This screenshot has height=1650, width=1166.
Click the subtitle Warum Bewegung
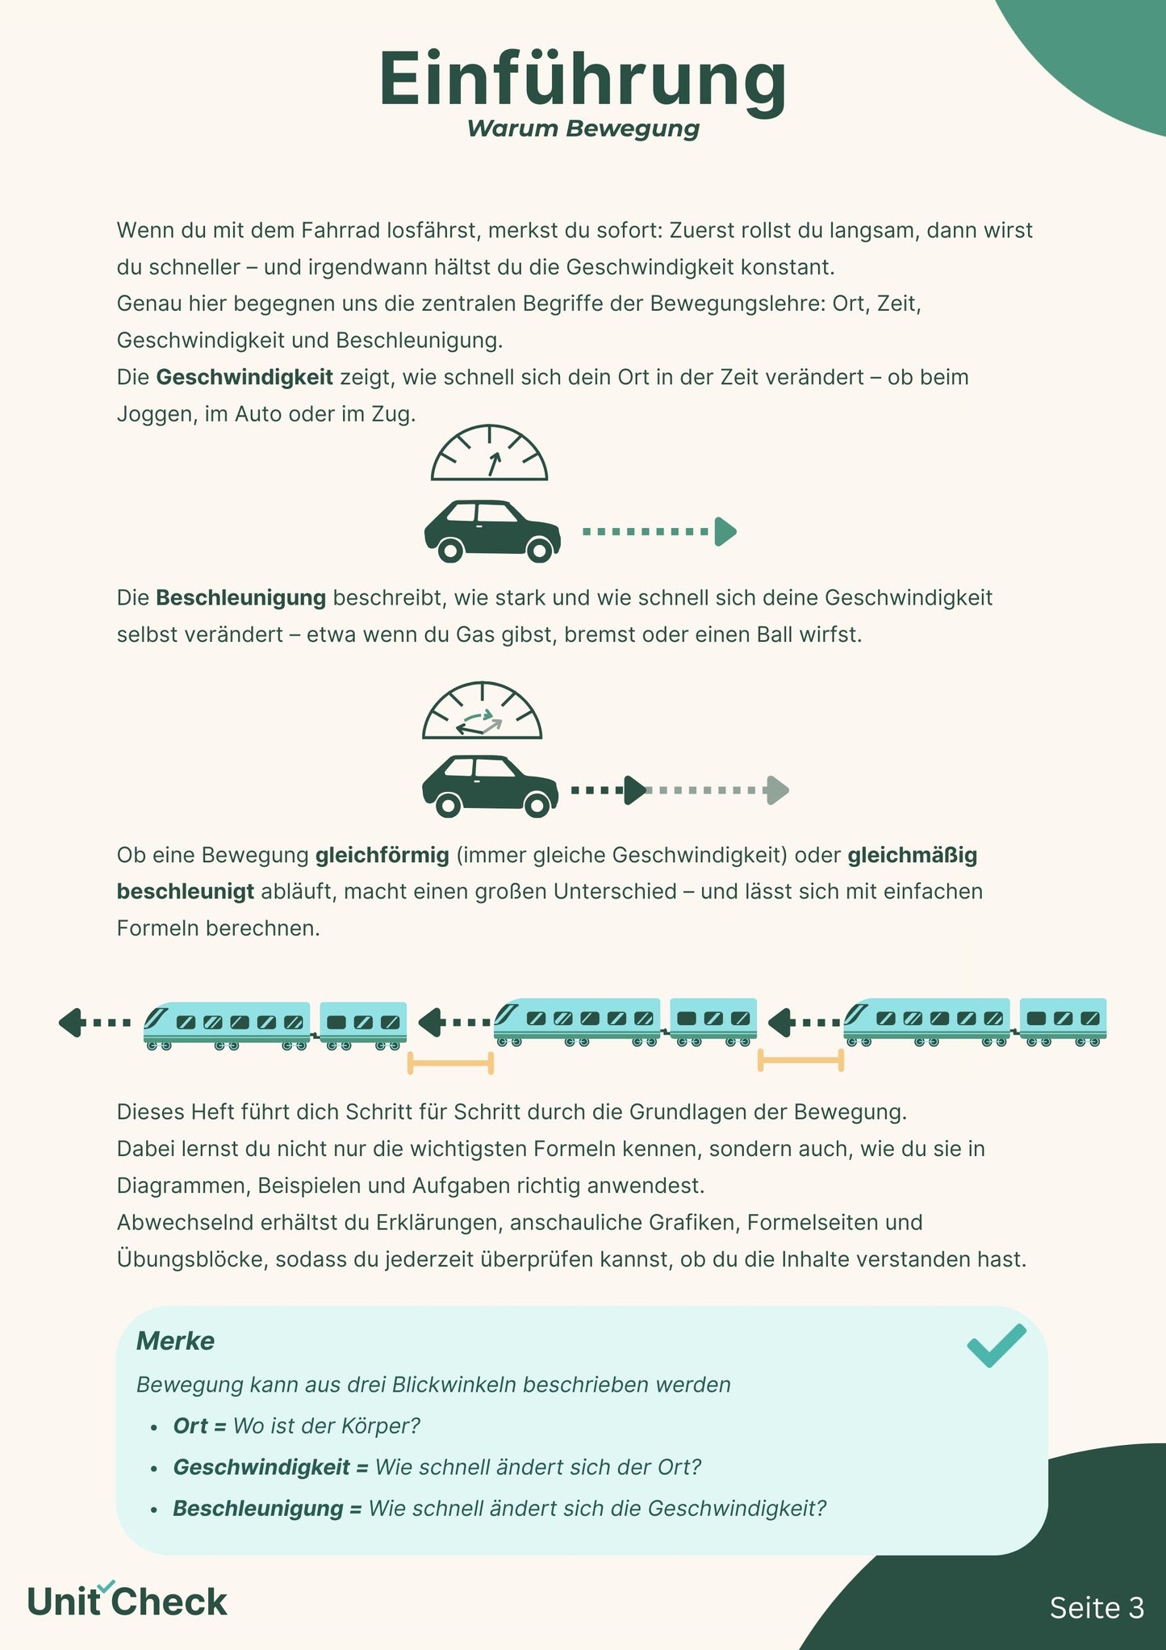(583, 129)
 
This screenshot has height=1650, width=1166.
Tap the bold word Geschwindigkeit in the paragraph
(244, 377)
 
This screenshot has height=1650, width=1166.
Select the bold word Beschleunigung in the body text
(240, 598)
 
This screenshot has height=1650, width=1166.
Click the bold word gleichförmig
(382, 855)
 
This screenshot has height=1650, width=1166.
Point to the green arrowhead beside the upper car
(725, 532)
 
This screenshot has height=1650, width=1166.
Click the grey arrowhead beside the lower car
(777, 790)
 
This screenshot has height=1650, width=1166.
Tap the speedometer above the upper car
(489, 454)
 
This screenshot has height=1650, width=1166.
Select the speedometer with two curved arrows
(482, 712)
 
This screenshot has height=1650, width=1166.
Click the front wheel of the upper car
(540, 550)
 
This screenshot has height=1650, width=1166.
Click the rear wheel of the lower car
(449, 804)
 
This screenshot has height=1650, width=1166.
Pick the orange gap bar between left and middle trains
(450, 1063)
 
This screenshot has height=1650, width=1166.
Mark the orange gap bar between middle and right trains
(800, 1061)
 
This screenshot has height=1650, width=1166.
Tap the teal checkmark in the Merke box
(997, 1346)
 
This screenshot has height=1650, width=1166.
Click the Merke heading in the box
(175, 1341)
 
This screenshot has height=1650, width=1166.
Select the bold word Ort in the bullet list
(190, 1426)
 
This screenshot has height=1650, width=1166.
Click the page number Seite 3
(1097, 1608)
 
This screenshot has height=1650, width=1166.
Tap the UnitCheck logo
(127, 1602)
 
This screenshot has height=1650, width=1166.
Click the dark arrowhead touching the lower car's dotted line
(635, 790)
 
